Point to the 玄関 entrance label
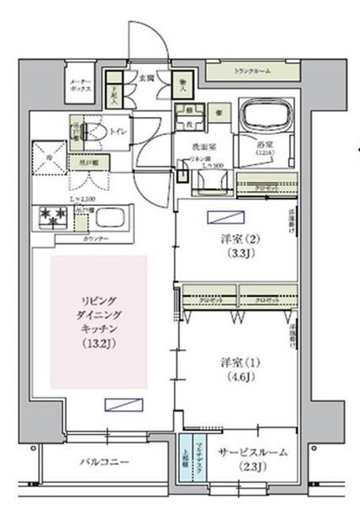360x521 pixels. click(146, 77)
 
